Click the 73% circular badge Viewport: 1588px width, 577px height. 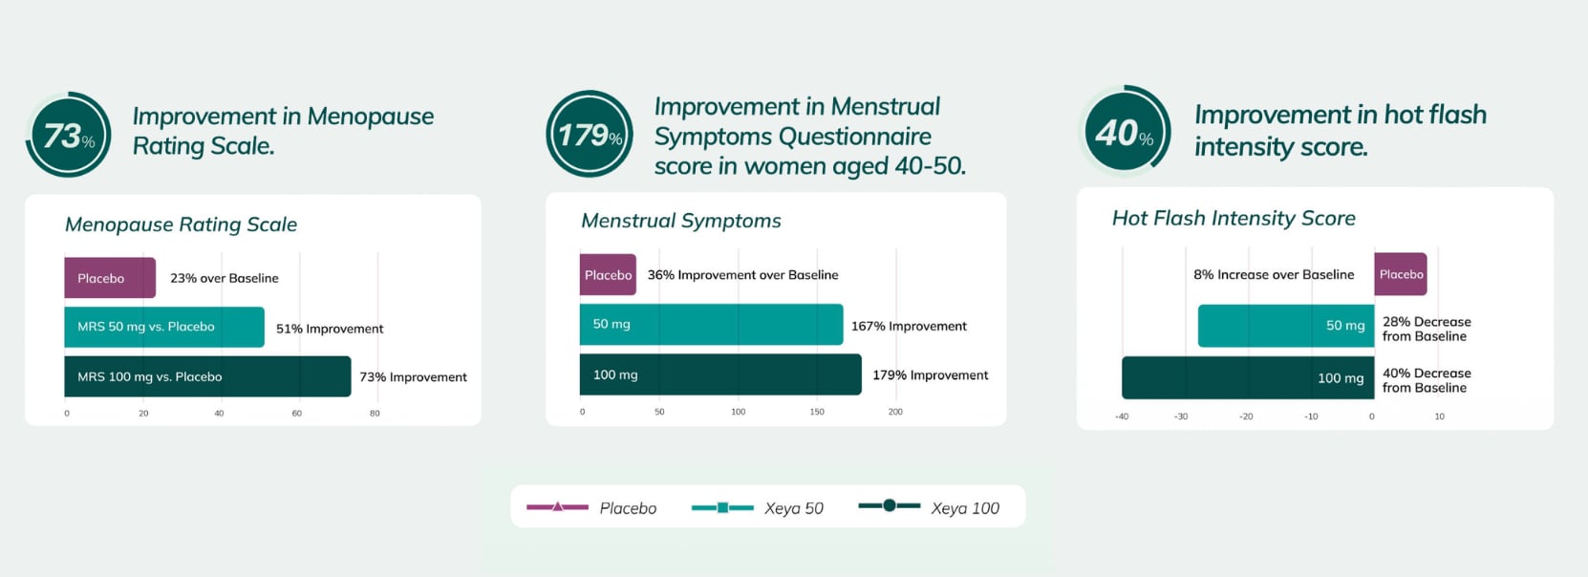[69, 135]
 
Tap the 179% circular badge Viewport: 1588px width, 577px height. [589, 134]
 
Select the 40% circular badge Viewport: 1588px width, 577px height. [1124, 132]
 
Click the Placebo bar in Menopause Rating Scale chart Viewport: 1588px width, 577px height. [109, 278]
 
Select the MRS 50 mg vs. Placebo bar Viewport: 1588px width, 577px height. [163, 327]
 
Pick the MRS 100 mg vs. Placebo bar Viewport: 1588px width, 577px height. [206, 376]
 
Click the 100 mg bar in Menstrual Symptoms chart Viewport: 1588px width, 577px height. [719, 374]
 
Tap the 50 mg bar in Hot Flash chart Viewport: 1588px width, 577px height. [1285, 326]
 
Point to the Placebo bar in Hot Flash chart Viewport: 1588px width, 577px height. [1400, 274]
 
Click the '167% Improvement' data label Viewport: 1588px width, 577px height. [909, 327]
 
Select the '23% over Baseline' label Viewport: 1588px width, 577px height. [225, 278]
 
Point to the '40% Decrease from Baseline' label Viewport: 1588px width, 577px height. [1426, 380]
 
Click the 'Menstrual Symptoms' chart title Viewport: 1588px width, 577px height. [680, 221]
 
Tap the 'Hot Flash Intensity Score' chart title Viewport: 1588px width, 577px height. [1233, 218]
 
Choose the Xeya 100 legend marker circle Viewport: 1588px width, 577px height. [889, 505]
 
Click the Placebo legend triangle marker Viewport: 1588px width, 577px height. [558, 506]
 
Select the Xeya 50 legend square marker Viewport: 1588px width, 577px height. [722, 507]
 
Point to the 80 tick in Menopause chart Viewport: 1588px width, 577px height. [375, 414]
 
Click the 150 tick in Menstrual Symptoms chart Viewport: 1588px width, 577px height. [816, 412]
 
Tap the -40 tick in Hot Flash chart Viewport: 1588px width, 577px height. [1122, 417]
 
